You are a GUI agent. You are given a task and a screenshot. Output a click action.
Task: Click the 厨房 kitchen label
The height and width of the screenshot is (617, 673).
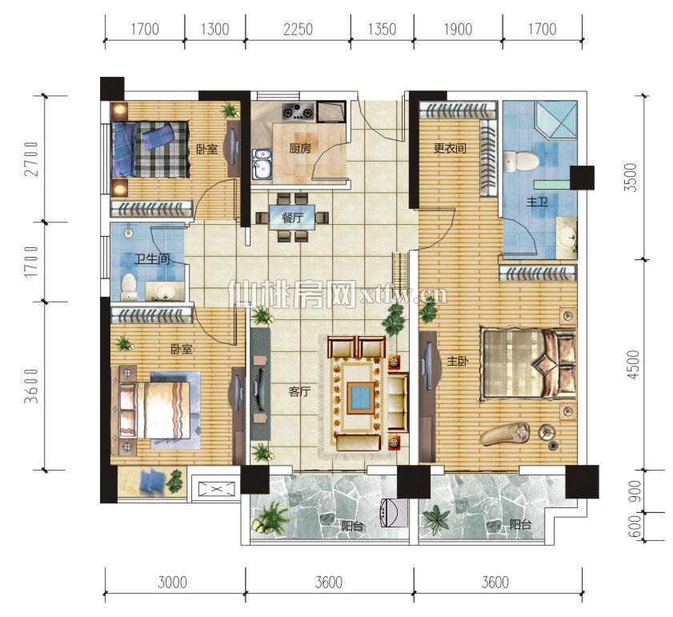point(300,149)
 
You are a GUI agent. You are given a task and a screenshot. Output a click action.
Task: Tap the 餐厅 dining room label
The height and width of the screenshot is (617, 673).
point(292,218)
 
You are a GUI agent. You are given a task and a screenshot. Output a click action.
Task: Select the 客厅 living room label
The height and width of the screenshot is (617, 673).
point(299,391)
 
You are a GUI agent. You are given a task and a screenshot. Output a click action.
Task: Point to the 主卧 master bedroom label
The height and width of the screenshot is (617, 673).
point(458,362)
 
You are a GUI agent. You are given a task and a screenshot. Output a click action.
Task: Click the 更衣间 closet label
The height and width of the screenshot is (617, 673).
point(450,149)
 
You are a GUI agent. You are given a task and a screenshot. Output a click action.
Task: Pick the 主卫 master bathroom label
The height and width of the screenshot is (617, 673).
point(538,202)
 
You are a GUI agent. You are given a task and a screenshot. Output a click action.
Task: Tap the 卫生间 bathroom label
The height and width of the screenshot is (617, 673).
point(151,259)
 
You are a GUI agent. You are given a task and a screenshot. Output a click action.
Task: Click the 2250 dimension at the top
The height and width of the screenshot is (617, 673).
point(298,29)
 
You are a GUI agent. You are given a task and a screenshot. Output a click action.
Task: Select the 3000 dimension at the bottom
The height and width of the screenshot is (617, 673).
point(172,583)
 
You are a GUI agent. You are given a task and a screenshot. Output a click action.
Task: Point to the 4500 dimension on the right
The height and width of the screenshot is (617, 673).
point(634,365)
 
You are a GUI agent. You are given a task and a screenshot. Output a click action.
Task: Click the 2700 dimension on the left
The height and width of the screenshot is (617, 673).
point(32,159)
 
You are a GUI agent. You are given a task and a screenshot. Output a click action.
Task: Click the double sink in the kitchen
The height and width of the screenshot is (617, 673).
point(261,163)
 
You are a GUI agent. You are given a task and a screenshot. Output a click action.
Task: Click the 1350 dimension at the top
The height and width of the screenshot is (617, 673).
point(382,29)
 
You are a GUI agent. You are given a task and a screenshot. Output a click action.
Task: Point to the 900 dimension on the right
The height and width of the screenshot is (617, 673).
point(634,491)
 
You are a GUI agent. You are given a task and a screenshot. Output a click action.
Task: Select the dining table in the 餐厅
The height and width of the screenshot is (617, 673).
point(292,218)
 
